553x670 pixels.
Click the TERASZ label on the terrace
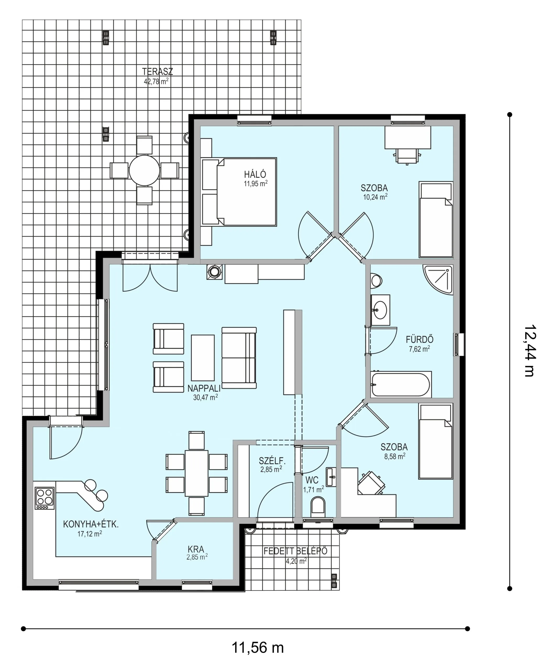click(x=157, y=71)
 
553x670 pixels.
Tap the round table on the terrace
click(x=144, y=170)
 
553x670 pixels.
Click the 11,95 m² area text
click(x=256, y=183)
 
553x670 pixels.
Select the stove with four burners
click(x=45, y=498)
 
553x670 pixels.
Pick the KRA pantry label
click(x=196, y=549)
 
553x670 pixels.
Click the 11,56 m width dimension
click(x=257, y=648)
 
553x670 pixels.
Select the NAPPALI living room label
click(x=204, y=388)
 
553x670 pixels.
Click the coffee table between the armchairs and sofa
click(x=203, y=358)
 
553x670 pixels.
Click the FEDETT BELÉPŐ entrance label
click(x=295, y=551)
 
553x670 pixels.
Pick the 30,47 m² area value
click(x=206, y=397)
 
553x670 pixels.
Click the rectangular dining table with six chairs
click(x=197, y=473)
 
